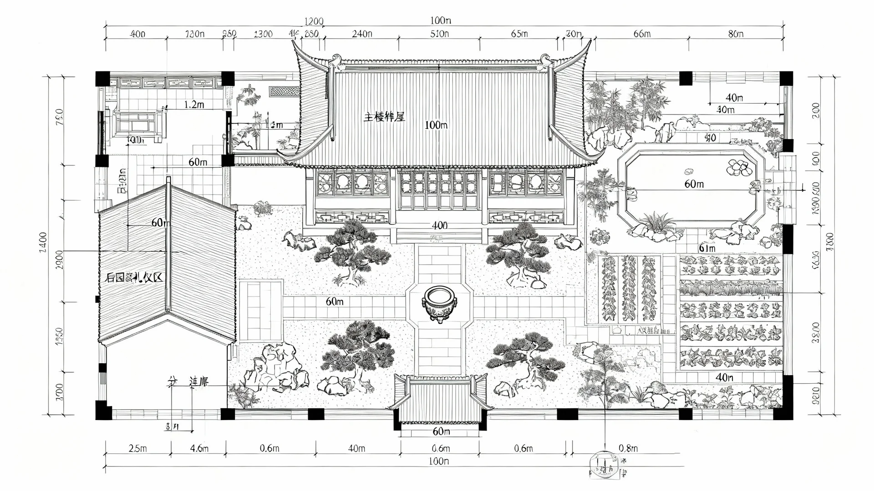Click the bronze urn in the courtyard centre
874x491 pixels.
click(x=439, y=304)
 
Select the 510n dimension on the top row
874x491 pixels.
click(x=439, y=34)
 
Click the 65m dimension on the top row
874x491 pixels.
click(x=519, y=34)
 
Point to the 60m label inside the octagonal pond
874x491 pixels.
click(x=694, y=184)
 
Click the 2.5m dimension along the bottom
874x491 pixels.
click(x=137, y=448)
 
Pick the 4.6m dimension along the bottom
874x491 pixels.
click(x=199, y=448)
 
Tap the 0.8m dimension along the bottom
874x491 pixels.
click(x=628, y=448)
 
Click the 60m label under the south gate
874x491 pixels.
click(x=441, y=431)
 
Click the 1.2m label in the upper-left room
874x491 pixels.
click(x=194, y=105)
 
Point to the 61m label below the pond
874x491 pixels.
click(x=706, y=248)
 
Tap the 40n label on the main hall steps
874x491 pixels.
click(x=439, y=225)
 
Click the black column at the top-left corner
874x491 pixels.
click(x=102, y=78)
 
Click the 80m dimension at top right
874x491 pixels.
click(x=736, y=34)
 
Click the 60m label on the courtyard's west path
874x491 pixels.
click(x=335, y=301)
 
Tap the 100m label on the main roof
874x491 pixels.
click(x=436, y=125)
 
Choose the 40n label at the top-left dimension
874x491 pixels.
click(x=137, y=34)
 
